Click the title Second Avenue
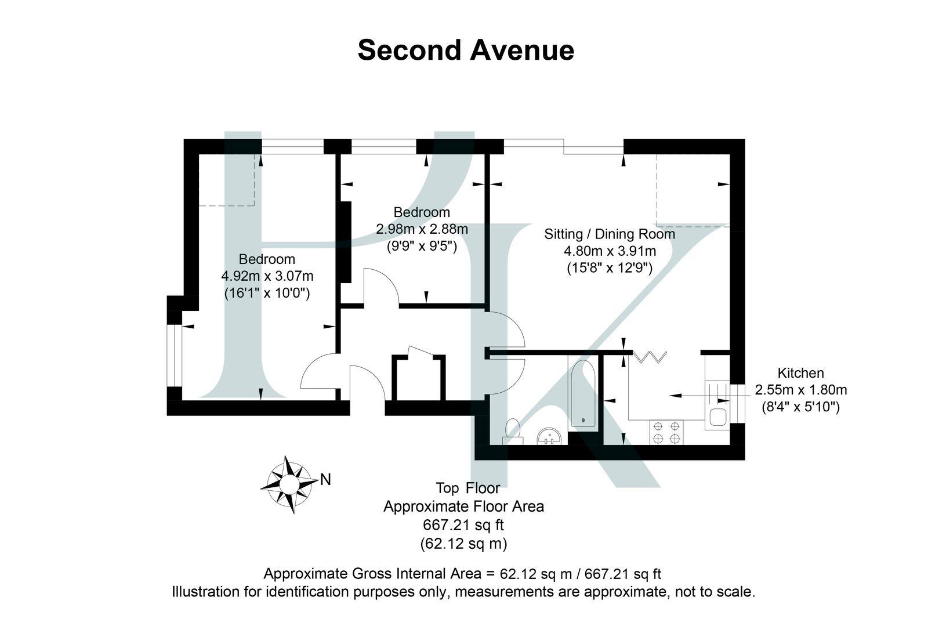(x=465, y=50)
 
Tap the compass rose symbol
(x=288, y=483)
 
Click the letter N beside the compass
(x=326, y=480)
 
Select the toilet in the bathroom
(x=513, y=430)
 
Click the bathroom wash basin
(x=549, y=436)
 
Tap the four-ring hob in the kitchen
(x=666, y=432)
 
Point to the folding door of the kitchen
(x=649, y=356)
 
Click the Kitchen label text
(x=800, y=373)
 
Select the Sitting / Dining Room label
(x=610, y=234)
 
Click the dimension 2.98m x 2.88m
(x=422, y=229)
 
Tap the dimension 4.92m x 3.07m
(x=267, y=276)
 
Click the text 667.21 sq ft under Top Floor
(x=463, y=525)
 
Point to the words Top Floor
(x=467, y=487)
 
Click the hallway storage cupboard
(x=419, y=379)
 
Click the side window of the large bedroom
(x=174, y=355)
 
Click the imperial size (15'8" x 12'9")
(x=610, y=268)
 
